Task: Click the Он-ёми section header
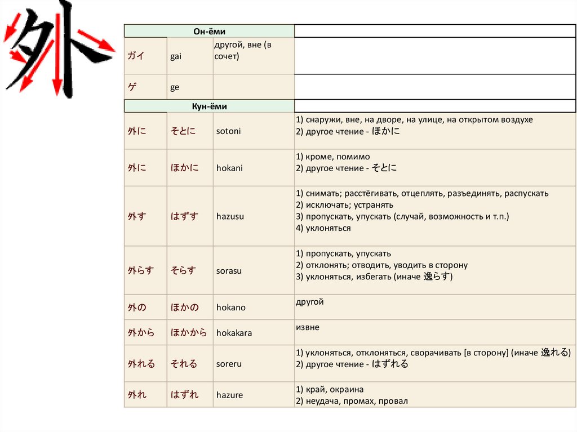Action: [x=209, y=32]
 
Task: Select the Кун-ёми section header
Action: [x=209, y=106]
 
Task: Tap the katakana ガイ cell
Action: [x=136, y=56]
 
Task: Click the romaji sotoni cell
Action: [x=228, y=131]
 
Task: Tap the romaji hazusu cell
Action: [x=230, y=216]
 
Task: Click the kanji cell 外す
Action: [x=137, y=216]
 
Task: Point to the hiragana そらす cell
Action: [x=183, y=270]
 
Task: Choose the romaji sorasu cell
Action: [x=229, y=270]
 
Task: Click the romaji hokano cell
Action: [x=231, y=308]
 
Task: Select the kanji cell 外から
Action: [x=141, y=333]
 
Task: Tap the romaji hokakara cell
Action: [x=234, y=333]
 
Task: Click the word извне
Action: [x=307, y=327]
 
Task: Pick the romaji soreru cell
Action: [x=229, y=364]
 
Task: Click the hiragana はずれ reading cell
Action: [x=185, y=395]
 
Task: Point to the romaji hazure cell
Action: [x=229, y=395]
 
